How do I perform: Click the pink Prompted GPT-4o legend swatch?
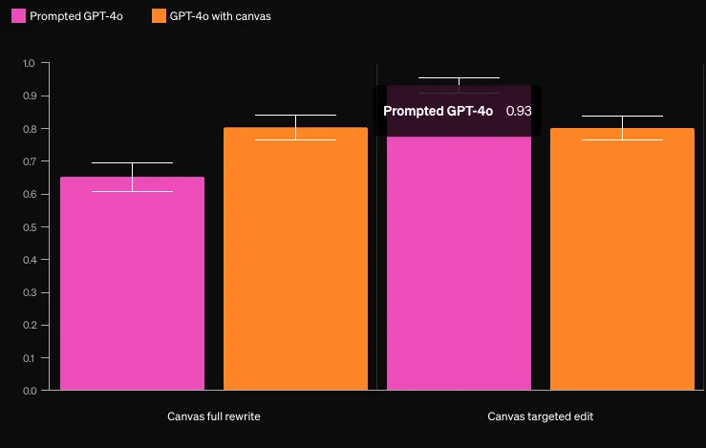coord(17,16)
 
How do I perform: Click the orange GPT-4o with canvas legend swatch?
coord(159,16)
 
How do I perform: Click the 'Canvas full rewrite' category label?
coord(214,416)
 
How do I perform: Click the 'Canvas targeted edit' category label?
coord(541,416)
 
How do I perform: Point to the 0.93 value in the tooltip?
coord(519,111)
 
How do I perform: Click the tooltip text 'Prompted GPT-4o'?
coord(438,111)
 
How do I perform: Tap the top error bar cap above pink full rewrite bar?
coord(132,162)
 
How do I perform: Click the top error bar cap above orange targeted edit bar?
coord(622,116)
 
